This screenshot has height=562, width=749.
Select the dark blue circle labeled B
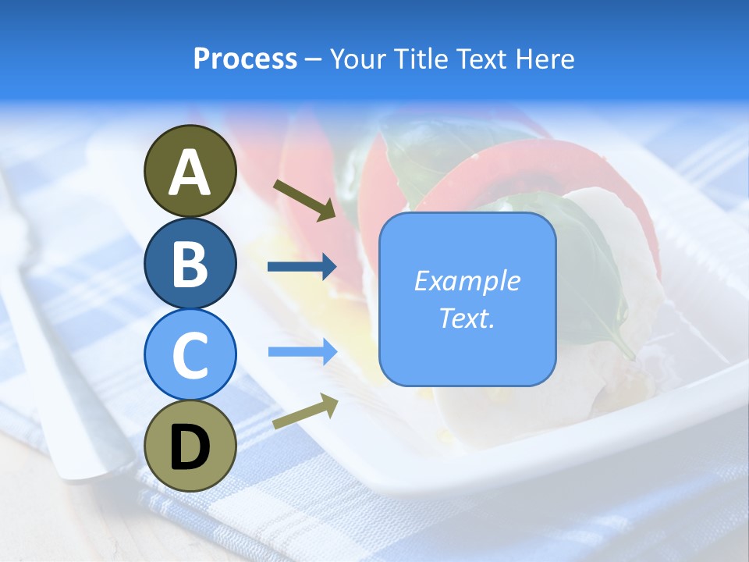190,262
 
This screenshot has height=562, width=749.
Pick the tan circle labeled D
190,446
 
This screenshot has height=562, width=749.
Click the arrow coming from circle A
304,200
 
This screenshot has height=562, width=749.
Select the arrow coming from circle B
302,267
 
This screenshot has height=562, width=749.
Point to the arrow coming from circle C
302,352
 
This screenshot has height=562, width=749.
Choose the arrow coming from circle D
305,411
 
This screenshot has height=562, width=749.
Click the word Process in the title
245,59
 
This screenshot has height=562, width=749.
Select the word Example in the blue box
467,281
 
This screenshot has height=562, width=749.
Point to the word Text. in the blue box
467,318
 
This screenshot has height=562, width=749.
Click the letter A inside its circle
190,173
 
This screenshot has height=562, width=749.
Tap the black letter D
190,448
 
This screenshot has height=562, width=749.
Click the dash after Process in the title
314,60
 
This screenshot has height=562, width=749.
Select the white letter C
190,356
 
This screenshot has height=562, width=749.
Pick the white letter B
190,265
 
